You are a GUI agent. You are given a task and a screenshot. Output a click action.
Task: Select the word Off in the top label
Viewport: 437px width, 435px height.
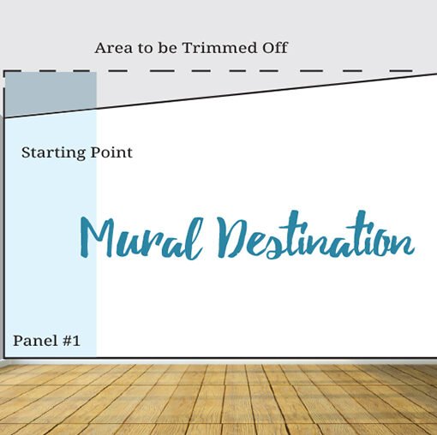point(273,48)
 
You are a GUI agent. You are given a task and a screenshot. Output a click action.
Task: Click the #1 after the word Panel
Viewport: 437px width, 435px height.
point(70,340)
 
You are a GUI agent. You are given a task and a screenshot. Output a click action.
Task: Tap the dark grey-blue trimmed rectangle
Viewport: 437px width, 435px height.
point(51,91)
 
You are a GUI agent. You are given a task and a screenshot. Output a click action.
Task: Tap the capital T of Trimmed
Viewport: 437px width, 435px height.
point(187,48)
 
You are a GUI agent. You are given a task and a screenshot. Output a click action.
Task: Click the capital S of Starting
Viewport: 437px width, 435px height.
point(26,152)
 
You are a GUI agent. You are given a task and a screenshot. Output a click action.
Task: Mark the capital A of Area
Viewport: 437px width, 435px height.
point(100,48)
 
